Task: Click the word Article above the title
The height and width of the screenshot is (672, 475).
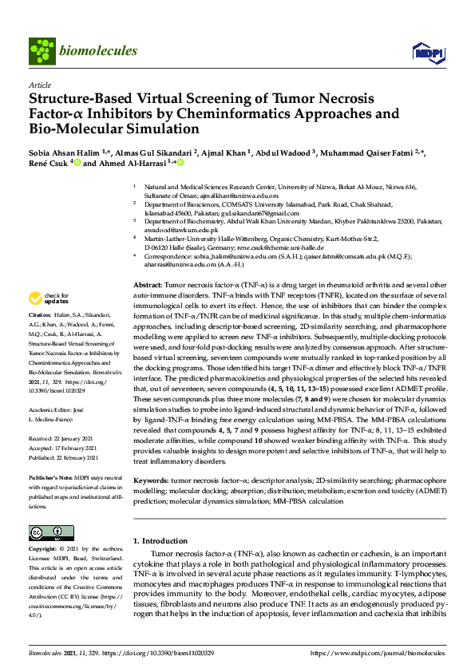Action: click(x=39, y=85)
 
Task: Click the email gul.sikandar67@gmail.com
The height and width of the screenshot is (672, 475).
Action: click(x=260, y=213)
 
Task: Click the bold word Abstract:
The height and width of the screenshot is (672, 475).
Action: click(x=148, y=285)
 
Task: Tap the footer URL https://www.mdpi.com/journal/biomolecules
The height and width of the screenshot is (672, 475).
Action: click(x=378, y=652)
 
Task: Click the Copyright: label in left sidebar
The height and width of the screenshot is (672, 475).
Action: click(x=43, y=549)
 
